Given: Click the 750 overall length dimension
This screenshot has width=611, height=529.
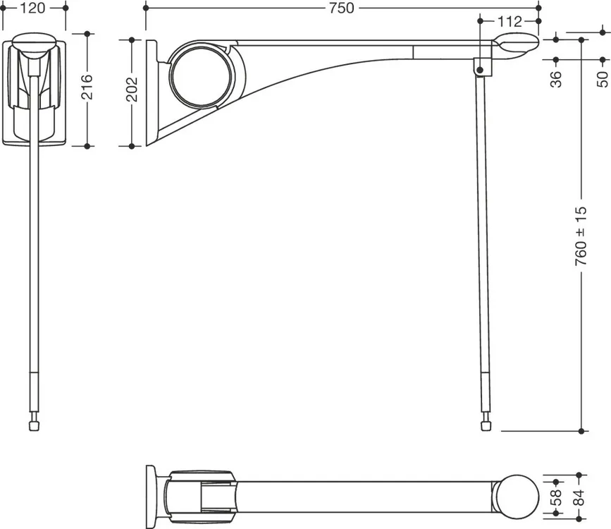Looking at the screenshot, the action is tap(341, 8).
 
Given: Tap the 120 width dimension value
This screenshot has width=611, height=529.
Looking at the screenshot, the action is tap(32, 8).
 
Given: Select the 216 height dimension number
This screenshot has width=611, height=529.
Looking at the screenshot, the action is tap(87, 87).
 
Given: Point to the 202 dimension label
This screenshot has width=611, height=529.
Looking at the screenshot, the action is tap(132, 90).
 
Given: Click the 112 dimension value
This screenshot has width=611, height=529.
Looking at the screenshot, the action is tap(510, 21).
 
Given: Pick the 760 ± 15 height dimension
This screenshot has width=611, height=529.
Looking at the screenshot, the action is tap(581, 236).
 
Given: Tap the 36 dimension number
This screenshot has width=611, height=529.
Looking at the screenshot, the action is tap(556, 79).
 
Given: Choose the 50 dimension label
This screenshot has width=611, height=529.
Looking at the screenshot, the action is tap(603, 79).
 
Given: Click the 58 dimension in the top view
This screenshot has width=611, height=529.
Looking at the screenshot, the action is tap(557, 497).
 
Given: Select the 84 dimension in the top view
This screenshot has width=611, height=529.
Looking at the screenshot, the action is tap(579, 497).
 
